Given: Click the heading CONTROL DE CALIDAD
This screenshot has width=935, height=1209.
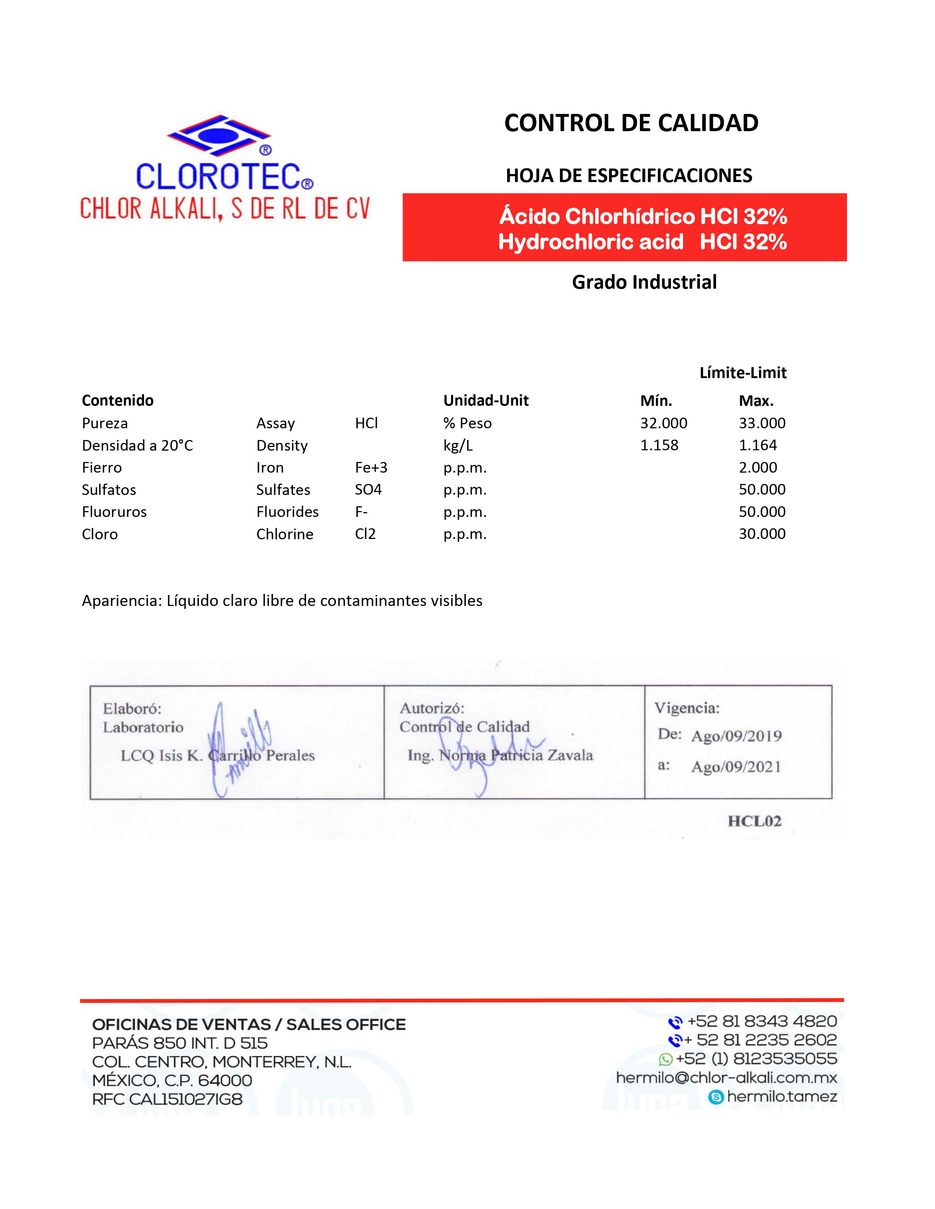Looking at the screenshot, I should (x=631, y=123).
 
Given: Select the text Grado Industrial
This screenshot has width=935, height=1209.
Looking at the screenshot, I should (x=644, y=282).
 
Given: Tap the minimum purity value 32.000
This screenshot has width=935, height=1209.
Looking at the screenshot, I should (x=664, y=424).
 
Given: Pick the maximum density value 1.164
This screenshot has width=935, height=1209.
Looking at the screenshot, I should (x=758, y=445).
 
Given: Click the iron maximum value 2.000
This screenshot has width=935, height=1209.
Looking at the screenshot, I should (x=758, y=468).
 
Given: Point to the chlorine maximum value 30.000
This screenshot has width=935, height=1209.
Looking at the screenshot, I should (x=762, y=534).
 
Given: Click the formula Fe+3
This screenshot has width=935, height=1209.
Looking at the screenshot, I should (x=371, y=468).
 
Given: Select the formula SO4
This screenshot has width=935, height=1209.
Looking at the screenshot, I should (x=368, y=490).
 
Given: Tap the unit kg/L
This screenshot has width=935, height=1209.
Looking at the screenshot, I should (x=458, y=445).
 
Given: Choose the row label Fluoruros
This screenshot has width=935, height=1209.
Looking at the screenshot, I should (x=114, y=512).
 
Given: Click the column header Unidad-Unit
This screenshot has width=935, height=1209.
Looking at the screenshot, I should (x=486, y=401).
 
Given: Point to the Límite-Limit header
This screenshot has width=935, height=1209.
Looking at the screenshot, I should (x=743, y=373).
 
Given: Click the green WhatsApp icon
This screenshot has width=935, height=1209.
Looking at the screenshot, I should (x=665, y=1060).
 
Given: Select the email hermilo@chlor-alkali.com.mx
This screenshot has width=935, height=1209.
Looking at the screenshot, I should (x=726, y=1078).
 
